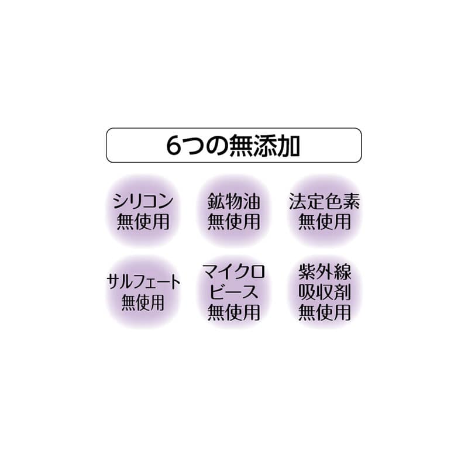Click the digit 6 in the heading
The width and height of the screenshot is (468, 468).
tap(173, 146)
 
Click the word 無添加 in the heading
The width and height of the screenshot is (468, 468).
tap(265, 146)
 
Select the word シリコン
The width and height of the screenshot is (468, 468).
tap(143, 201)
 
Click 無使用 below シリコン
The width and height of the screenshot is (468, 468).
tap(143, 222)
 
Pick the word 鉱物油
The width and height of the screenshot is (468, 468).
tap(233, 201)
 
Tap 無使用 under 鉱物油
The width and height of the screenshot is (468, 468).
tap(233, 222)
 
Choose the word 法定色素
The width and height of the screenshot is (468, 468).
tap(325, 201)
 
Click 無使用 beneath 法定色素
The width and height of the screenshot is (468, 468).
tap(325, 222)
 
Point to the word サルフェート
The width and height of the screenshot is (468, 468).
tap(143, 282)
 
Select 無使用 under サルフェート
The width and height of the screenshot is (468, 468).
tap(143, 302)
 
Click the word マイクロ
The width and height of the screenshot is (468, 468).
tap(233, 272)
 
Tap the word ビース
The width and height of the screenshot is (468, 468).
tap(233, 292)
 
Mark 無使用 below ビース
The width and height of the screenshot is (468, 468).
tap(233, 312)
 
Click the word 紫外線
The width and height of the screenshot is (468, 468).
tap(325, 272)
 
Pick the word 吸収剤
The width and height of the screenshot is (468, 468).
tap(325, 292)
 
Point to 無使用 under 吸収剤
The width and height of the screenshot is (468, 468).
tap(325, 312)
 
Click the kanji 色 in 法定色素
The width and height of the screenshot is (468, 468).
tap(333, 201)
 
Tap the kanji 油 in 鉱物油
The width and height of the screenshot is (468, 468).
tap(252, 201)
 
